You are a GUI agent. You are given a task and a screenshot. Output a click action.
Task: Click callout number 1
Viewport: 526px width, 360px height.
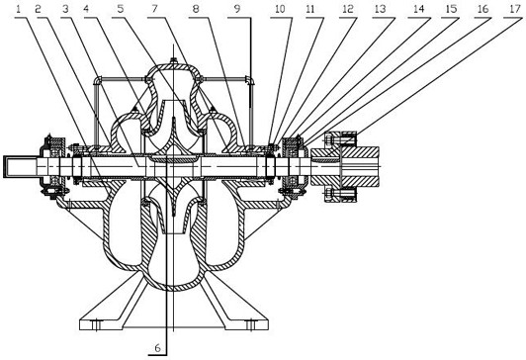coord(19,9)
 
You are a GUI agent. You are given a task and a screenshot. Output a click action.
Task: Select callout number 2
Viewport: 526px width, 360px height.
coord(38,9)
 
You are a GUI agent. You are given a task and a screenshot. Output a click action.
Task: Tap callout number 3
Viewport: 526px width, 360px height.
coord(65,9)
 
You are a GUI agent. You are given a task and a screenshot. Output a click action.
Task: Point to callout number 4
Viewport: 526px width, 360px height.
coord(87,9)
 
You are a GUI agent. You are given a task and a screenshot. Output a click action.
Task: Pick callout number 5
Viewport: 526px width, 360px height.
coord(121,9)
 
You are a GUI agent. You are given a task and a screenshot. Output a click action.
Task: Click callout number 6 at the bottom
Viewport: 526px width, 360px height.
coord(157,348)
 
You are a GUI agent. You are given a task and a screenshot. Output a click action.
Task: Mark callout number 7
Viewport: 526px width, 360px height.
coord(154,9)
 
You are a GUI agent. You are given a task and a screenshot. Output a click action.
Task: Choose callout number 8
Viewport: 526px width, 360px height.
coord(196,9)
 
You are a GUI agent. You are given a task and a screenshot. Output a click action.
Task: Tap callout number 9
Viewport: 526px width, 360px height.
coord(237,9)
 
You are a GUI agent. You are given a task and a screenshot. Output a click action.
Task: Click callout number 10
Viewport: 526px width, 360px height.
coord(280,9)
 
